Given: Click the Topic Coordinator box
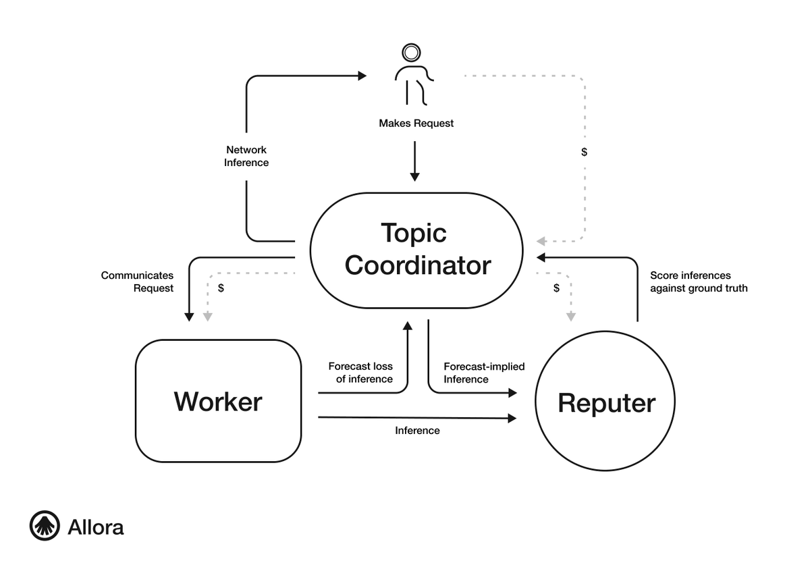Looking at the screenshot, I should tap(416, 249).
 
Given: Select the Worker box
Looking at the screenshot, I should tap(218, 402).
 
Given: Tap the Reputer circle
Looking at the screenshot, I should tap(605, 403).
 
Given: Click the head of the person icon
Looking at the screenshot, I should tap(410, 53).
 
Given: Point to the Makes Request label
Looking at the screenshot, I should tap(416, 124).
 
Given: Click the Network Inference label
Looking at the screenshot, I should tap(246, 156).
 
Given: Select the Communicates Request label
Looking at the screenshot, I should tap(138, 281).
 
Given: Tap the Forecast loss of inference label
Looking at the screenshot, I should tap(361, 373).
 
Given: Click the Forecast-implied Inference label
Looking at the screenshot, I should tap(483, 373).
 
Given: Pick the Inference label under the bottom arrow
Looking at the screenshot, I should tap(417, 431).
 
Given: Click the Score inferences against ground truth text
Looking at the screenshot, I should tap(698, 281).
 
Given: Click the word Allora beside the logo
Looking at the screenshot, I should tap(96, 527).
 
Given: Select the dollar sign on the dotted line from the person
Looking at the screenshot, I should tap(584, 153).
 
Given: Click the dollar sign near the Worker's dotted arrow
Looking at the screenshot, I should tap(221, 288).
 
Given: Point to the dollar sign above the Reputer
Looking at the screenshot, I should tap(556, 288).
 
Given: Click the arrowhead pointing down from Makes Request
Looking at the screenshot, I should tap(414, 176).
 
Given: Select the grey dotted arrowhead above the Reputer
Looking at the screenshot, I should tap(571, 316).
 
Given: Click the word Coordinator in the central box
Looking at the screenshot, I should tap(418, 265).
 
